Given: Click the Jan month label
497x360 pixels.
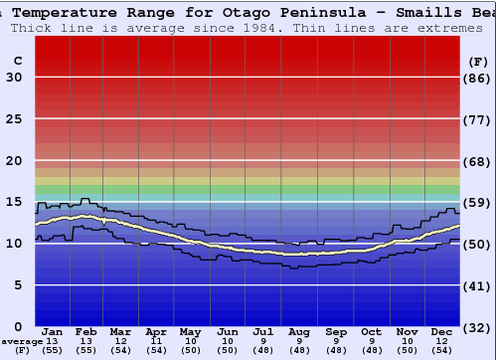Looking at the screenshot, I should (x=53, y=331).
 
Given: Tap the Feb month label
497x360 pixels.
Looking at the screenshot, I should (x=86, y=331).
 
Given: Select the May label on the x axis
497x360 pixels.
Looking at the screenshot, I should (x=189, y=331).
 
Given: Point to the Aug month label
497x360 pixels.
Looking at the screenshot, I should (x=298, y=331).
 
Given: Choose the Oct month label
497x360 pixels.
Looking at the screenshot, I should (x=371, y=331).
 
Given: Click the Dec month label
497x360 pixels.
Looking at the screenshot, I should (x=442, y=331).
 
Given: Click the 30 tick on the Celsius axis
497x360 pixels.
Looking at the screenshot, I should (x=14, y=78).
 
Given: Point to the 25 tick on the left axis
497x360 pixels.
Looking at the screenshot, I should (x=14, y=119).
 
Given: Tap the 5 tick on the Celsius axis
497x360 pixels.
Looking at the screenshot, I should (x=18, y=285).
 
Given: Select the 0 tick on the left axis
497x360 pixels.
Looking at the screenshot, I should (x=18, y=326).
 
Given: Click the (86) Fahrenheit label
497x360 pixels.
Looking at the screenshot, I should (x=478, y=78).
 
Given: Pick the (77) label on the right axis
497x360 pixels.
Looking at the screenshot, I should (x=478, y=119).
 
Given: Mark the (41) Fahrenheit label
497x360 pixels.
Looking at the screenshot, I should (x=478, y=285).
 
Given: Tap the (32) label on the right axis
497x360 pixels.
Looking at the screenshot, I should (x=478, y=326).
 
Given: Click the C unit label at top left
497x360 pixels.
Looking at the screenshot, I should (x=17, y=60).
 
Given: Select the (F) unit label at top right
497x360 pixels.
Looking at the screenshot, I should (x=478, y=60).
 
